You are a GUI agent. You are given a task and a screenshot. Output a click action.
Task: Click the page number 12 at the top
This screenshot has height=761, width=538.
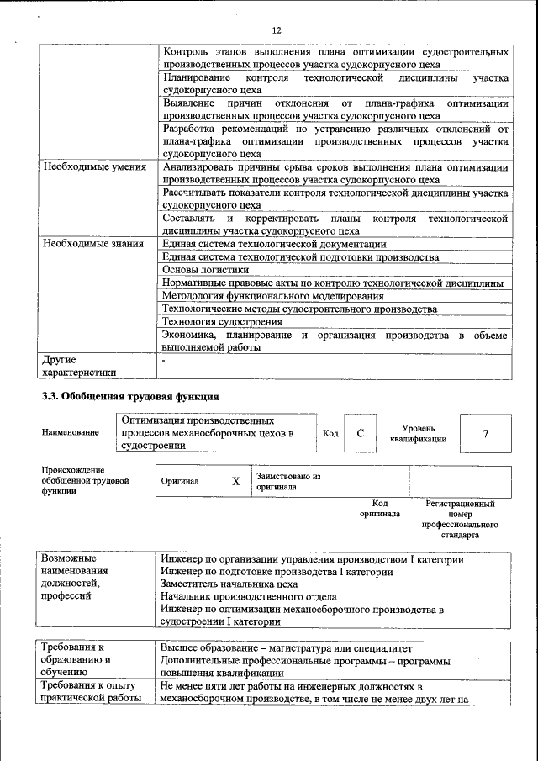click(276, 31)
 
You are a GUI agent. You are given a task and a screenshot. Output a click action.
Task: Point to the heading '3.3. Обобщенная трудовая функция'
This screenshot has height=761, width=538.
click(131, 396)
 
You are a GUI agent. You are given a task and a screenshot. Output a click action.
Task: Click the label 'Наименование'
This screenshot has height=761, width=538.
click(70, 433)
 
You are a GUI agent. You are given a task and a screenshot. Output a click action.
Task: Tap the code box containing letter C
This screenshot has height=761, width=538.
click(360, 433)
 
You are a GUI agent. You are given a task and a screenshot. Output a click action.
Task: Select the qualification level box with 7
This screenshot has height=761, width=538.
click(485, 433)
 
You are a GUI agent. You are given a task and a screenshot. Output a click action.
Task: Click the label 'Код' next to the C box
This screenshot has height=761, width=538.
click(330, 433)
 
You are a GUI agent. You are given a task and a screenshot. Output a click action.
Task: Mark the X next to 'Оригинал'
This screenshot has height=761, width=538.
click(236, 481)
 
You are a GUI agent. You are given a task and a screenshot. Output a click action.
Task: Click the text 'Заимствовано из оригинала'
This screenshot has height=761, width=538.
click(288, 481)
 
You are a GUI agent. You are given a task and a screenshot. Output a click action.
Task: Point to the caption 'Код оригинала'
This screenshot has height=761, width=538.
click(379, 508)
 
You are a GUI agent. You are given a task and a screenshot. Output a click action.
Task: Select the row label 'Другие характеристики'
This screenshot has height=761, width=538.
click(79, 366)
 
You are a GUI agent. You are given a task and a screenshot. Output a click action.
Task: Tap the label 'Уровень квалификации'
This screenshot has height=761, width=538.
click(418, 433)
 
